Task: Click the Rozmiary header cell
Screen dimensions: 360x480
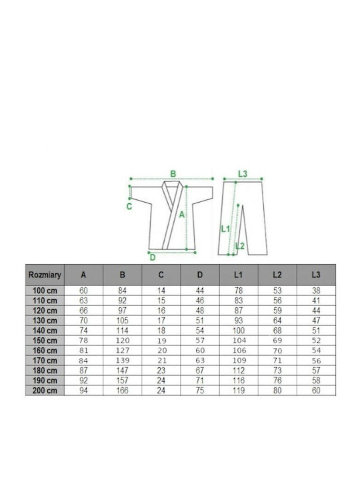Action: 45,275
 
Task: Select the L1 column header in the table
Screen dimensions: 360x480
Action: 238,275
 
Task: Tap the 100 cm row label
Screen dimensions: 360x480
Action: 45,291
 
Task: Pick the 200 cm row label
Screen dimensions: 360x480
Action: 45,391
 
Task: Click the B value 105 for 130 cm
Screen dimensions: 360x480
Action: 122,321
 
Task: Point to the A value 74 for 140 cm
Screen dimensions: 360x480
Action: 83,331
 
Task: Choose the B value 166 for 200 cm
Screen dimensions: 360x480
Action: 122,391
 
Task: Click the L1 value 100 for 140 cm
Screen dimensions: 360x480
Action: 239,331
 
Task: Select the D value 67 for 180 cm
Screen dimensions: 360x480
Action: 199,371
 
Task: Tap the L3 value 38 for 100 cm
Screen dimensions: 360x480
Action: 316,291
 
